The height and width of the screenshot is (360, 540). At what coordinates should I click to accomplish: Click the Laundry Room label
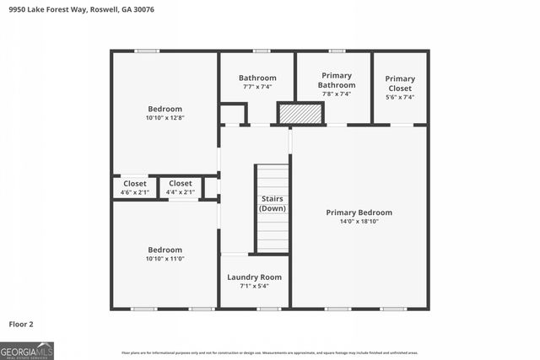coord(254,277)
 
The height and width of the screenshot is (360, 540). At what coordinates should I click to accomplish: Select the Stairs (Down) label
coord(272,203)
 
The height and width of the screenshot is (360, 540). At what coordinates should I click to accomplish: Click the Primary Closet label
coord(400,83)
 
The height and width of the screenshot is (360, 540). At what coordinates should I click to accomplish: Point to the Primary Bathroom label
coord(335,81)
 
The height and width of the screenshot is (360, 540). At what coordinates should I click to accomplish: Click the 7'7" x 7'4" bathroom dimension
coord(256,87)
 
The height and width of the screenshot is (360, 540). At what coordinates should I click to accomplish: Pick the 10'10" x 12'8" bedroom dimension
coord(165,118)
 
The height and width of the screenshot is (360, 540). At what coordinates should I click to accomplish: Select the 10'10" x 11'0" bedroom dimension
coord(165,259)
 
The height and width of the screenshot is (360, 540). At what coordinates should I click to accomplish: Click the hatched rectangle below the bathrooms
coord(300,113)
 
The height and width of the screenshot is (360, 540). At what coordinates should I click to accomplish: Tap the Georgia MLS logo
coord(27,350)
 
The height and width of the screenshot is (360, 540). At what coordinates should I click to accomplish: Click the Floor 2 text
coord(21,324)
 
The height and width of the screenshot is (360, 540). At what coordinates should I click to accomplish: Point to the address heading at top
coord(58,9)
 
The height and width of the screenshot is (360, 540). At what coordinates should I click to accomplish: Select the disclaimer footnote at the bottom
coord(269,352)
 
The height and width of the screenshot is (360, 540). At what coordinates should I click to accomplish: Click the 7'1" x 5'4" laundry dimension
coord(254,286)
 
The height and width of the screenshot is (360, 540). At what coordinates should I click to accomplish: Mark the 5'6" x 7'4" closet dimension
coord(400,98)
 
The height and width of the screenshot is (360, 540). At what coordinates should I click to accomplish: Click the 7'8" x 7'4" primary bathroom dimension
coord(335,94)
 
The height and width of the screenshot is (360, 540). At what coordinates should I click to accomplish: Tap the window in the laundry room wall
coord(268,309)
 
